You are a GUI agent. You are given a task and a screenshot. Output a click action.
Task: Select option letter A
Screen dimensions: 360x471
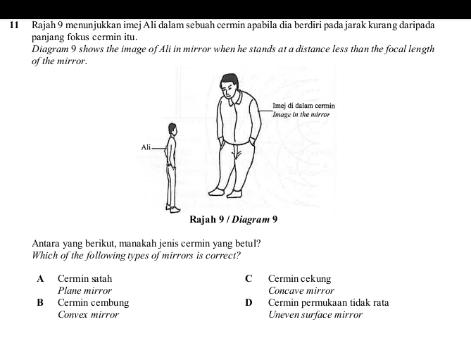41,279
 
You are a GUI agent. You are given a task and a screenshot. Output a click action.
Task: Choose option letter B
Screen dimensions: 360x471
41,303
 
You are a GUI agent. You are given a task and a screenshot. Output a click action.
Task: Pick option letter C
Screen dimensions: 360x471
249,279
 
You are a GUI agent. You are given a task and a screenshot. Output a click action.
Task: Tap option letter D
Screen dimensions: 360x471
249,303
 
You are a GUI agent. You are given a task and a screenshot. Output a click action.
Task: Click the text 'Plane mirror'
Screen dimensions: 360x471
84,290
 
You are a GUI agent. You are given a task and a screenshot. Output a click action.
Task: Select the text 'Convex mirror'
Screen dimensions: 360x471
88,314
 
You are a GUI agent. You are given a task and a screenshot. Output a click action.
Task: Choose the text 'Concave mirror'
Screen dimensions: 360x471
301,290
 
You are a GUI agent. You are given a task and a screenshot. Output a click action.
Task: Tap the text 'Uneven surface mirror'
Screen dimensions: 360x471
315,314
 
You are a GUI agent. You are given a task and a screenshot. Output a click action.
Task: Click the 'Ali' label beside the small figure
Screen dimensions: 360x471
146,147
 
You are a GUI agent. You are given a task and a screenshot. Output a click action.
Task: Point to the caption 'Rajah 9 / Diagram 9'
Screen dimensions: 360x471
234,219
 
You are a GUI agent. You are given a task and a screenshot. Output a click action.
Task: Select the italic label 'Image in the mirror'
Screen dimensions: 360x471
301,113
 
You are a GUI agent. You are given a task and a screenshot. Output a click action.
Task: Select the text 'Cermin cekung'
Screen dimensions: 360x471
299,279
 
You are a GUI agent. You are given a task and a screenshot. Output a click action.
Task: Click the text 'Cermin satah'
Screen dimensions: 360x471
84,279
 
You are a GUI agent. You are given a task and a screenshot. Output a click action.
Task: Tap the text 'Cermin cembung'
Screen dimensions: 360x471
93,303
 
